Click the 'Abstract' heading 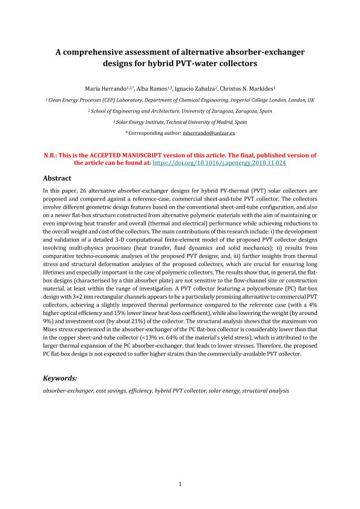point(57,178)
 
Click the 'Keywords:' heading point(59,378)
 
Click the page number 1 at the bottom point(180,484)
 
